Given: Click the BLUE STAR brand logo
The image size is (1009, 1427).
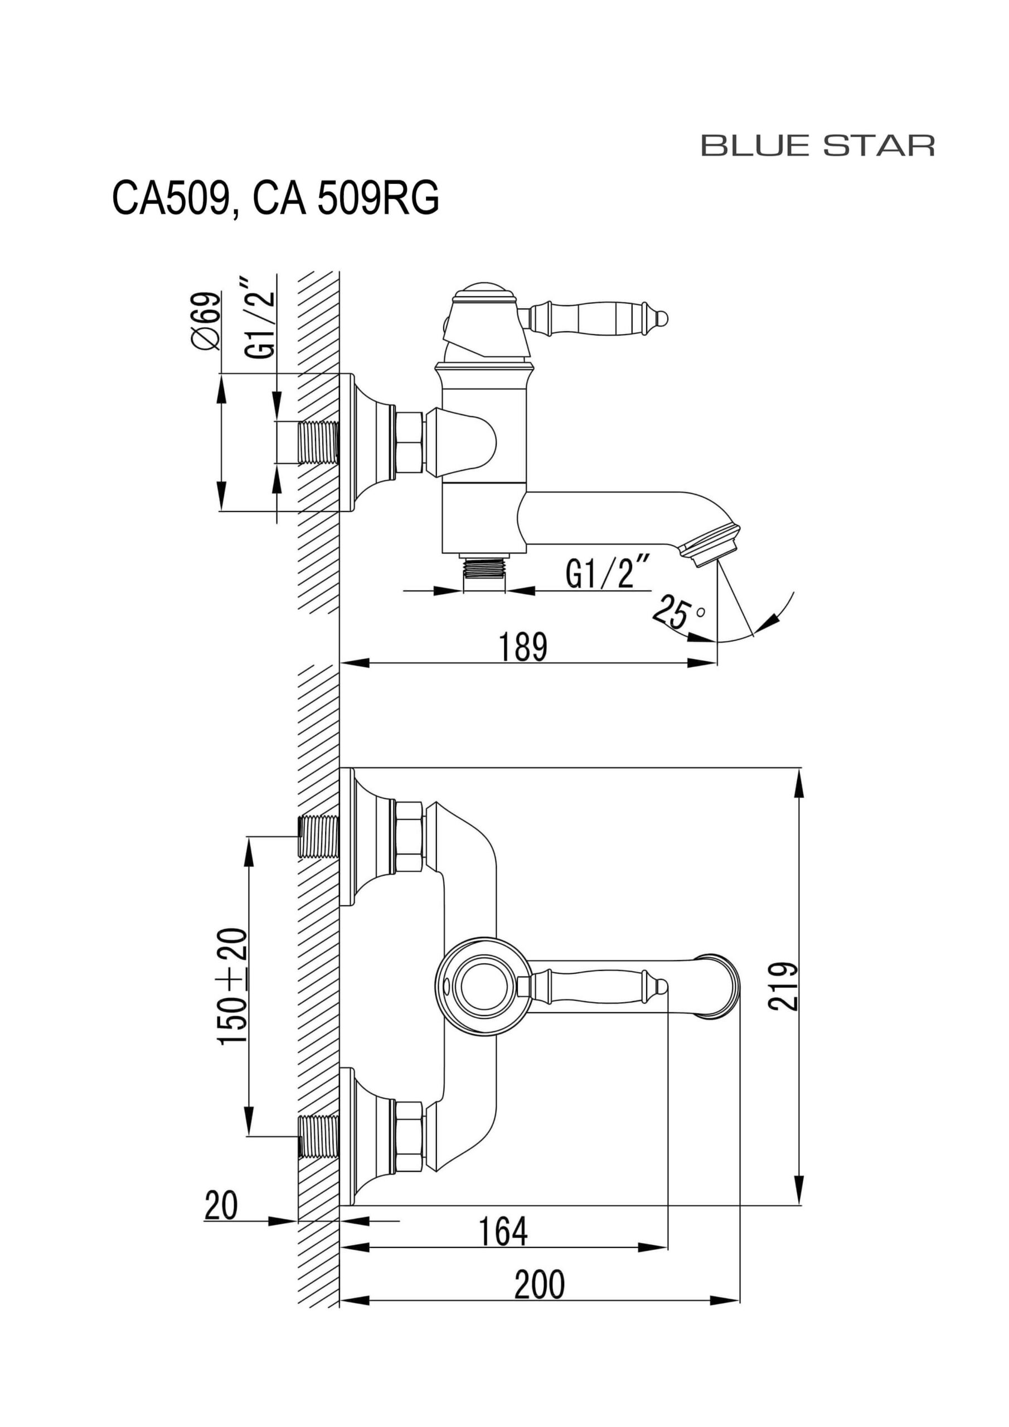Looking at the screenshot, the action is (818, 145).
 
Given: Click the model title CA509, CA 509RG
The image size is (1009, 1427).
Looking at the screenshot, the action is (275, 198).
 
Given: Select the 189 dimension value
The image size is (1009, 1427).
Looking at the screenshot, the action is (523, 647).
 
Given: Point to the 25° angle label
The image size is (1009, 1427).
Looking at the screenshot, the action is (678, 611).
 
